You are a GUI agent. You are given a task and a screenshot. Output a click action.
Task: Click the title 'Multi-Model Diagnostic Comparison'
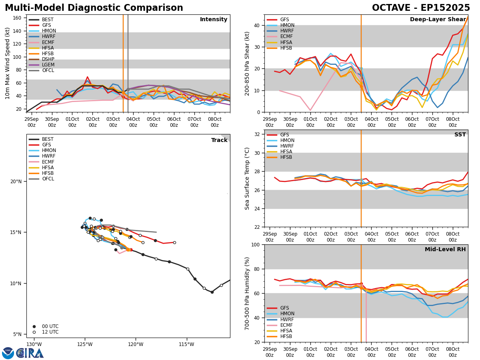(94, 8)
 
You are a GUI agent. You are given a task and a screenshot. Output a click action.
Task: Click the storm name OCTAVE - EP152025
(421, 8)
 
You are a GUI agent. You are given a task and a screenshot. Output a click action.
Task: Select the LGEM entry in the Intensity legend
(48, 65)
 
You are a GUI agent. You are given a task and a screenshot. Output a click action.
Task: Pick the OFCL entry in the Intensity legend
(48, 70)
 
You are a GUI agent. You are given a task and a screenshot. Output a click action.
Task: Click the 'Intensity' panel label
(214, 20)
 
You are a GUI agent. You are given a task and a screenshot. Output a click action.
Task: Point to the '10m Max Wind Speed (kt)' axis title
(8, 63)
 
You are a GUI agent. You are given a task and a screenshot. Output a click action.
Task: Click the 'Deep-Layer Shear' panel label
(438, 20)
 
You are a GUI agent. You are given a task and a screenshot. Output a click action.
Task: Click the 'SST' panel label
(460, 135)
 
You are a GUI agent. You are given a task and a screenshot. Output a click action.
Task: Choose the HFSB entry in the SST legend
(286, 157)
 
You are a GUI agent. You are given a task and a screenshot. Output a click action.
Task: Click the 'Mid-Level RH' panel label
(445, 250)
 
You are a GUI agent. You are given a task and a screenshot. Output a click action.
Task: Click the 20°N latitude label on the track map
(16, 182)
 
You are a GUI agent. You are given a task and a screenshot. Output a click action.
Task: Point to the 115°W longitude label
(186, 344)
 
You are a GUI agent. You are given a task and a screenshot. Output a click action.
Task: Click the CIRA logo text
(30, 353)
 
